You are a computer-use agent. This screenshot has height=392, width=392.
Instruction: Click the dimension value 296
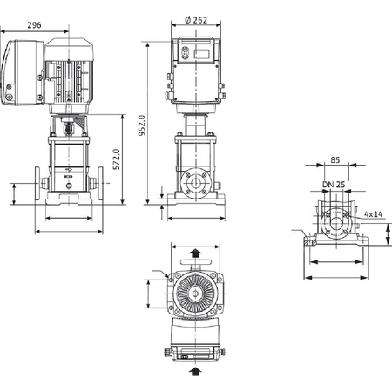(34, 25)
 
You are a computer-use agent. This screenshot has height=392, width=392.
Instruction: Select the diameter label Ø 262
(196, 20)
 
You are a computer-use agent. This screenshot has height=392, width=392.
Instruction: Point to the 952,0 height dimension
(142, 125)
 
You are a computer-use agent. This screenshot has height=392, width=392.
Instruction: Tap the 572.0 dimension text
(117, 159)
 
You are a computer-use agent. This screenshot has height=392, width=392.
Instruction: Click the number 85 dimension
(335, 160)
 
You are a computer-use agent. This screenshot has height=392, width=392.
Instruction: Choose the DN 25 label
(334, 185)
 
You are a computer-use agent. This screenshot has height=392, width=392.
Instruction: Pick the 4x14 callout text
(374, 214)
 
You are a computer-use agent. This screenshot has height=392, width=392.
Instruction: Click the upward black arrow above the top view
(196, 253)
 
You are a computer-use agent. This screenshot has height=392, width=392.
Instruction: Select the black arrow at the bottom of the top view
(195, 371)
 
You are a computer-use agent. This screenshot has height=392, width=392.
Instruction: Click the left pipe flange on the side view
(37, 183)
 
